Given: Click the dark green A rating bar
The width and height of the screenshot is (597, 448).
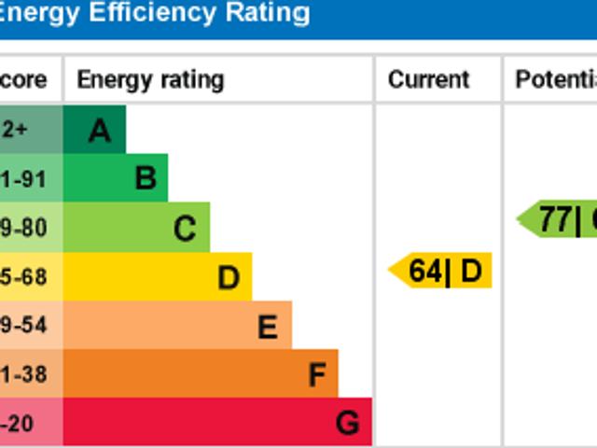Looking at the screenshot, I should pyautogui.click(x=93, y=130).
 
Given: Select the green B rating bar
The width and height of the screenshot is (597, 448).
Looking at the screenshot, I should pyautogui.click(x=115, y=178).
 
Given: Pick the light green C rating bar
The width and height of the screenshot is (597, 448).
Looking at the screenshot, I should pyautogui.click(x=136, y=228).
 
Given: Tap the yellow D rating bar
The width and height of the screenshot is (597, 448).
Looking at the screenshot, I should pyautogui.click(x=157, y=277).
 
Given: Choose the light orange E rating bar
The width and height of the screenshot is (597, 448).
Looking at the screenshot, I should pyautogui.click(x=177, y=326).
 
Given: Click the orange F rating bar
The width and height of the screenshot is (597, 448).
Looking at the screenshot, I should pyautogui.click(x=201, y=374).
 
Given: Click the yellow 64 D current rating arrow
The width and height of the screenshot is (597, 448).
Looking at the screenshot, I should pyautogui.click(x=440, y=271).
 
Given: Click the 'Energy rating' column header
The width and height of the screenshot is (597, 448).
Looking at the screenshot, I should pyautogui.click(x=150, y=79).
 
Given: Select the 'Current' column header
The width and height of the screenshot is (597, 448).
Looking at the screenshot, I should pyautogui.click(x=429, y=79).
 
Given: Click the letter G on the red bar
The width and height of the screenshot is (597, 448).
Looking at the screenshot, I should pyautogui.click(x=347, y=424).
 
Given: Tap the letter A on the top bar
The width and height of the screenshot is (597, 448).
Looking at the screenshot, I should pyautogui.click(x=99, y=131).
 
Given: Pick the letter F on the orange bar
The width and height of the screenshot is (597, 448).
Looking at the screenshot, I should pyautogui.click(x=317, y=375).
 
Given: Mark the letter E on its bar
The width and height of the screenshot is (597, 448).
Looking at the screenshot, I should pyautogui.click(x=268, y=327).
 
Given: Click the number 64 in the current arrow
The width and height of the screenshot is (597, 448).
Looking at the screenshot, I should pyautogui.click(x=424, y=271).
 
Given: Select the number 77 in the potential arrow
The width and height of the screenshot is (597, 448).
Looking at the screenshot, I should pyautogui.click(x=555, y=220).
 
